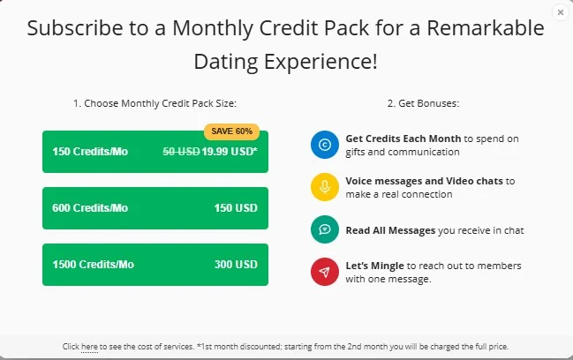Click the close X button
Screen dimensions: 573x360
[x=561, y=12]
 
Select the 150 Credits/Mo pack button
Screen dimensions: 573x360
[x=155, y=152]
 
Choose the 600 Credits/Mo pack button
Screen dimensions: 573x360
[x=155, y=208]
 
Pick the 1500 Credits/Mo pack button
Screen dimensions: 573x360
[x=155, y=265]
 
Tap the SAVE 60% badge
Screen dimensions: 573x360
[x=231, y=131]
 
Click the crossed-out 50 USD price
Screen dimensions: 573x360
[x=181, y=152]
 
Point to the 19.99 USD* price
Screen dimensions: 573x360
[x=230, y=152]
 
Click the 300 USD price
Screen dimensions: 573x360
[x=236, y=265]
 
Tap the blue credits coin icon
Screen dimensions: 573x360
[x=325, y=145]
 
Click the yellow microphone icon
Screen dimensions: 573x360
[x=325, y=187]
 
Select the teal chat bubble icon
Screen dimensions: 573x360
[x=325, y=229]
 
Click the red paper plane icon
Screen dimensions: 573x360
[x=325, y=272]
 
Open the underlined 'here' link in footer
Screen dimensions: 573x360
[x=89, y=347]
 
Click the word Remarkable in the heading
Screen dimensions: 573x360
[x=486, y=28]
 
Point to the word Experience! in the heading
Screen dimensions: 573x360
[x=320, y=62]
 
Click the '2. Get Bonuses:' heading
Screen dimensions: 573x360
[x=423, y=103]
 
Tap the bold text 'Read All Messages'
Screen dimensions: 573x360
[x=390, y=230]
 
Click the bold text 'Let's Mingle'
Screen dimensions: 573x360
[x=374, y=266]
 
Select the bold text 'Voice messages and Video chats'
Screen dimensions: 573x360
[x=425, y=181]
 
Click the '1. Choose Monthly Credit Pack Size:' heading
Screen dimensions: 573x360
[x=155, y=103]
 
